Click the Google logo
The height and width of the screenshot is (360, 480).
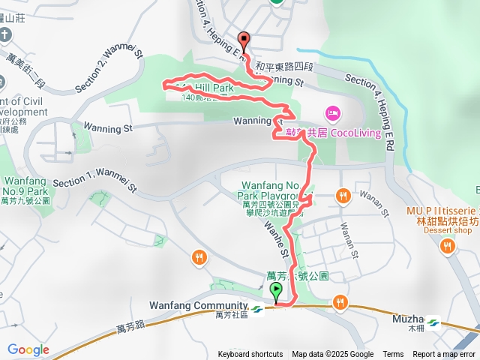coord(28,349)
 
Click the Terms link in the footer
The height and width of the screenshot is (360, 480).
coord(393,355)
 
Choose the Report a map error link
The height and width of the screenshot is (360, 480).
coord(445,355)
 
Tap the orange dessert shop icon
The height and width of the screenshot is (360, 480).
coord(448,247)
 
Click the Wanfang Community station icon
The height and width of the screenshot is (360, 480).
coord(256,308)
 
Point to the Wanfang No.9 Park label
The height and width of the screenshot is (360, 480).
coord(27,187)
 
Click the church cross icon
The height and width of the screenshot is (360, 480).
coord(5,35)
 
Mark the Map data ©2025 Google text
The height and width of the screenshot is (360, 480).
coord(332,355)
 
